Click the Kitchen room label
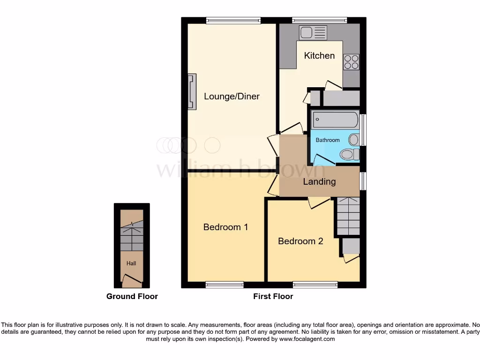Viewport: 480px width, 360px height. (319, 56)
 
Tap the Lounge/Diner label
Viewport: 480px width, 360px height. (232, 97)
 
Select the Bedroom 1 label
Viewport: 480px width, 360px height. (225, 227)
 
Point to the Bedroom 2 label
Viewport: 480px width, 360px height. (300, 241)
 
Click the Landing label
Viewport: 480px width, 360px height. (319, 181)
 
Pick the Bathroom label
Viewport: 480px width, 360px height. (327, 140)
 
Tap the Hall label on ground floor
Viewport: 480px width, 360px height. (131, 263)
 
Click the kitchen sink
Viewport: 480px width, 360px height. (313, 32)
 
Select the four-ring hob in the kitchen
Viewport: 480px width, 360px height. (351, 62)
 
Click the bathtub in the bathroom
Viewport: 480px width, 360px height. (335, 120)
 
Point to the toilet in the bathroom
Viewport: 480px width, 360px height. (349, 154)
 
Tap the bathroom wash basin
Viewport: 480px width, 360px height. (354, 139)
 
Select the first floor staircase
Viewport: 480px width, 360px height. (348, 216)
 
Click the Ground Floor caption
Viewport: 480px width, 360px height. (132, 296)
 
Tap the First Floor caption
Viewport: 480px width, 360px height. (273, 296)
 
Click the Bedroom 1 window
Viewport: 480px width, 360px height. (225, 285)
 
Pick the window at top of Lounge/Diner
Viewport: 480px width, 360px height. (233, 20)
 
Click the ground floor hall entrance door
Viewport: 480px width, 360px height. (132, 281)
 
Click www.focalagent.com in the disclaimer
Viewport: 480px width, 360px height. (307, 339)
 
